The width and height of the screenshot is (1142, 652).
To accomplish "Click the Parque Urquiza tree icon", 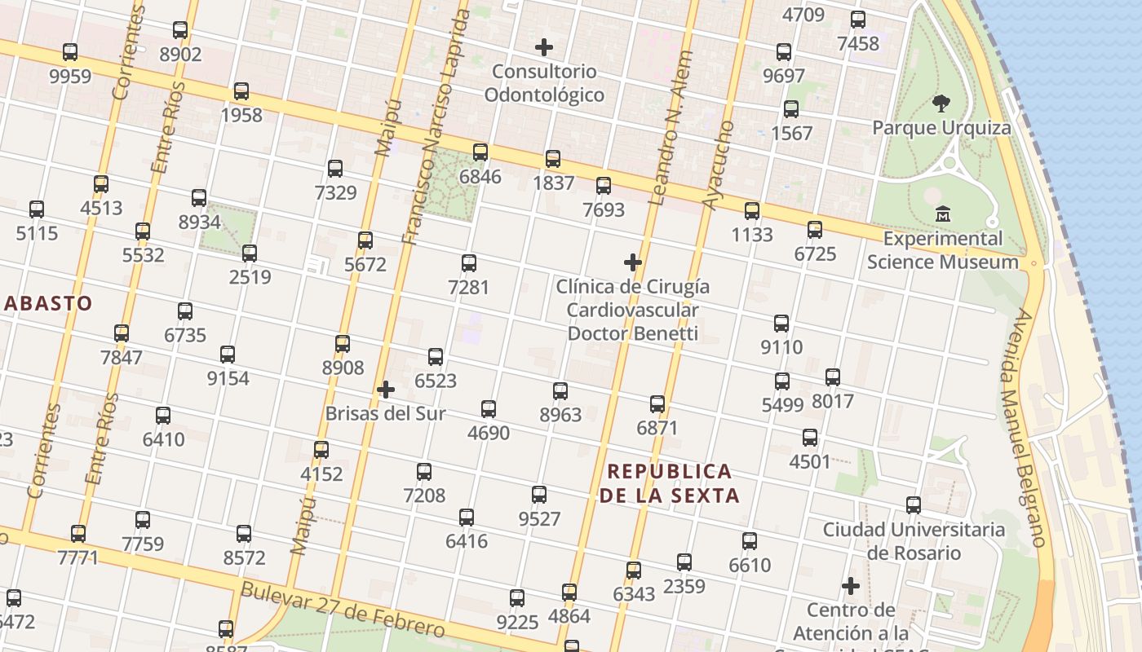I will tap(941, 104).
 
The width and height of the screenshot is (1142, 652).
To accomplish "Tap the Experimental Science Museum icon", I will tap(943, 214).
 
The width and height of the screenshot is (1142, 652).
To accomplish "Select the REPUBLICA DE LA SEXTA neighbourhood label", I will tap(670, 483).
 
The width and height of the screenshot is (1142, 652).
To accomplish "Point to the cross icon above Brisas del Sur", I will tap(386, 390).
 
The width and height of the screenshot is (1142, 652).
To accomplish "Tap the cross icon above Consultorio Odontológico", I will tap(544, 47).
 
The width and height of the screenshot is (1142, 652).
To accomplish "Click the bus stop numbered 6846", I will tap(480, 152).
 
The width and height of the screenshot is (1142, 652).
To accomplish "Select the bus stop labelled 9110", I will tap(781, 324).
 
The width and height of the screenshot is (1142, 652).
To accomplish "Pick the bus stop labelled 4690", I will tap(489, 409).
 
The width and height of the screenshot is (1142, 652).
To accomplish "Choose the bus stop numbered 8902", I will tap(180, 31).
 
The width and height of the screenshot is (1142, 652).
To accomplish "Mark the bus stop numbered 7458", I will tap(858, 20).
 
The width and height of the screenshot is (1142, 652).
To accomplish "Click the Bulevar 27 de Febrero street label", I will tap(343, 610).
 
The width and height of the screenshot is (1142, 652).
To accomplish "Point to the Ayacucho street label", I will tap(718, 165).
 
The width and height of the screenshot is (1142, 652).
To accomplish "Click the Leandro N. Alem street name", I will tap(671, 128).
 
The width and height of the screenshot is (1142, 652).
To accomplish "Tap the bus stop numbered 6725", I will tap(815, 230).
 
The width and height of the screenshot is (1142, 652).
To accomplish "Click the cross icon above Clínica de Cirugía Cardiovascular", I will tap(633, 262).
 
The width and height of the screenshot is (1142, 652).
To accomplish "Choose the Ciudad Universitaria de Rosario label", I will tap(914, 540).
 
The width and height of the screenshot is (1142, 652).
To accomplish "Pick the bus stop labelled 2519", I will tap(250, 253).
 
